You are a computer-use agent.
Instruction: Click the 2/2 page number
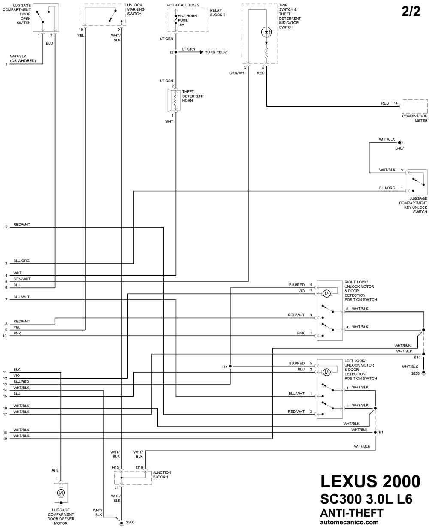pos(411,12)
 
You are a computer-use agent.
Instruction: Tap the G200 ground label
pos(130,522)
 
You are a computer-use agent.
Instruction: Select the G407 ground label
pos(399,148)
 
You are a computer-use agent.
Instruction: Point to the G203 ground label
pos(415,373)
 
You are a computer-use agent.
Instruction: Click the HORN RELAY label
pos(216,52)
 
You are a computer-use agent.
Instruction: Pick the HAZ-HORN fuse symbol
pos(176,20)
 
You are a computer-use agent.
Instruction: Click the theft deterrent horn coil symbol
pos(175,100)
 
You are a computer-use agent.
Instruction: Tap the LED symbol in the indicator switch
pos(266,32)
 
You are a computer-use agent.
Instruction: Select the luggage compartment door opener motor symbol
pos(61,493)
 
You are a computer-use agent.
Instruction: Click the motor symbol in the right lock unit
pos(326,294)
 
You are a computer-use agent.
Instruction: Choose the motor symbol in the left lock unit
pos(326,372)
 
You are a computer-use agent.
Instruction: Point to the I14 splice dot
pos(230,366)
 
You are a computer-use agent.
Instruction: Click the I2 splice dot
pos(176,52)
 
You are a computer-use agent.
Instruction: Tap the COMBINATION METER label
pos(415,118)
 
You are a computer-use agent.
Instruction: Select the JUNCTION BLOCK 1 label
pos(162,475)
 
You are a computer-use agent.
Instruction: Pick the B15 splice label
pos(417,357)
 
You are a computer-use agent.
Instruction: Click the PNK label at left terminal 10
pos(17,333)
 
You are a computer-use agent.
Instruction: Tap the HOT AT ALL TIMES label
pos(183,5)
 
